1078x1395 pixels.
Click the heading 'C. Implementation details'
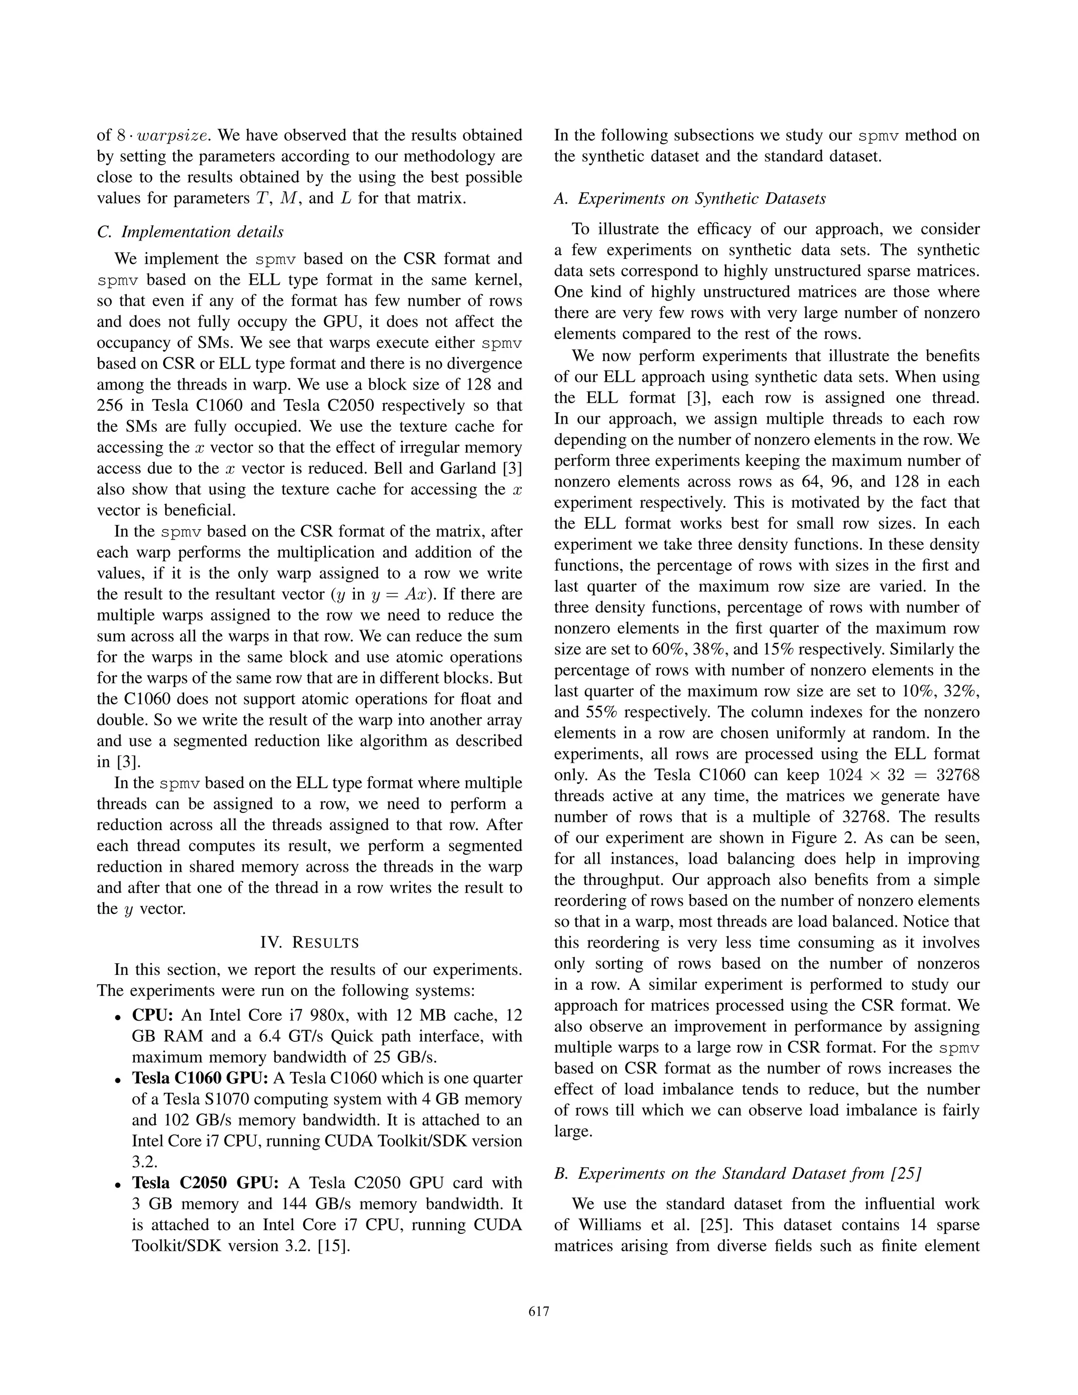point(191,232)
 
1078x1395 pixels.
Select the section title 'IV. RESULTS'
point(310,942)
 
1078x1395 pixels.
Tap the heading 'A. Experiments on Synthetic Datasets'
point(690,198)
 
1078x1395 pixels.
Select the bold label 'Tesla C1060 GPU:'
point(200,1078)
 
